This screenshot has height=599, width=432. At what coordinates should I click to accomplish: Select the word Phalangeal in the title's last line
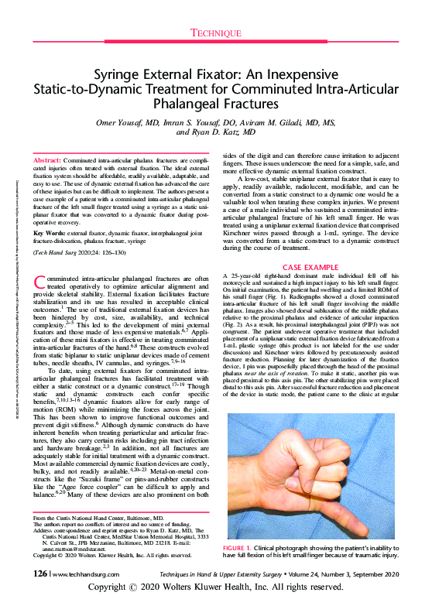[216, 104]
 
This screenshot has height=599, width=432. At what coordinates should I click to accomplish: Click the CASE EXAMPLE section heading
[314, 265]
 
